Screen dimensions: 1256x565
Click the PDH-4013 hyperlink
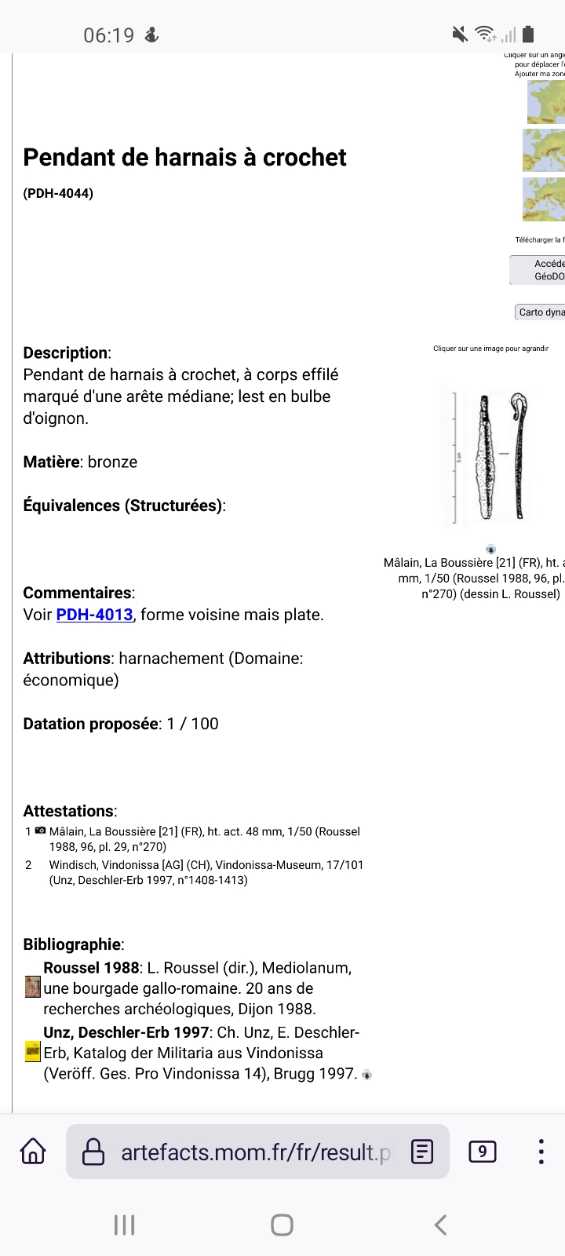pos(94,615)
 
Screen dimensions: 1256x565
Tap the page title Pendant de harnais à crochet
pos(184,157)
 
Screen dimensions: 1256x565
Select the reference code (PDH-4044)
pos(58,193)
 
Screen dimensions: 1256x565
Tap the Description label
pos(66,352)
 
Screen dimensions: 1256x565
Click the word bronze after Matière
pos(112,462)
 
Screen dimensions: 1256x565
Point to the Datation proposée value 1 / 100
pos(193,724)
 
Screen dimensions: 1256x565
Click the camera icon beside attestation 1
pos(40,831)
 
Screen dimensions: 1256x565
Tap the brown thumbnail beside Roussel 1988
pos(32,987)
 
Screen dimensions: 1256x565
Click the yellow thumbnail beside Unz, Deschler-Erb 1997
pos(32,1052)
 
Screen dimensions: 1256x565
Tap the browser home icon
pos(33,1152)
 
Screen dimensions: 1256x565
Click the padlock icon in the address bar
pos(93,1152)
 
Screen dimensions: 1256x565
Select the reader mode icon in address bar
pos(422,1152)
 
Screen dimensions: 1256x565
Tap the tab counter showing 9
pos(482,1152)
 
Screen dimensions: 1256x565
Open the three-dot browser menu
pos(541,1152)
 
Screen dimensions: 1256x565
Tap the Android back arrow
pos(440,1225)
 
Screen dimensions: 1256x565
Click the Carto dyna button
pos(541,312)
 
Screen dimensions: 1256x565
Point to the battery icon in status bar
pos(528,34)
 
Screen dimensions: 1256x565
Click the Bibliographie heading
pos(72,944)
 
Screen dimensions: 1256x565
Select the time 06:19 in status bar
pos(108,35)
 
